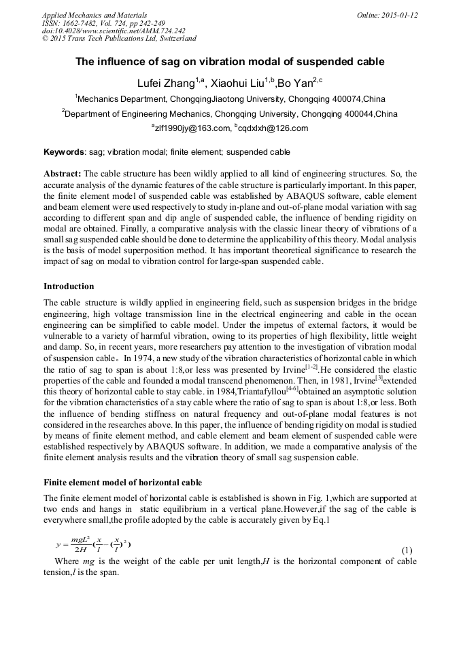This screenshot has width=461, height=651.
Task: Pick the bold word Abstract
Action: pos(63,174)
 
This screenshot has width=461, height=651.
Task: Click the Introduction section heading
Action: pos(69,286)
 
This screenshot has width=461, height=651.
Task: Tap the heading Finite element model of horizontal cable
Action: pos(122,483)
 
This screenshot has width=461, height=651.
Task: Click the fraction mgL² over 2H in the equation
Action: pos(81,544)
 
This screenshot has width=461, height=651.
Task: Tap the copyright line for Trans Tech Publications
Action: pos(119,39)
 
